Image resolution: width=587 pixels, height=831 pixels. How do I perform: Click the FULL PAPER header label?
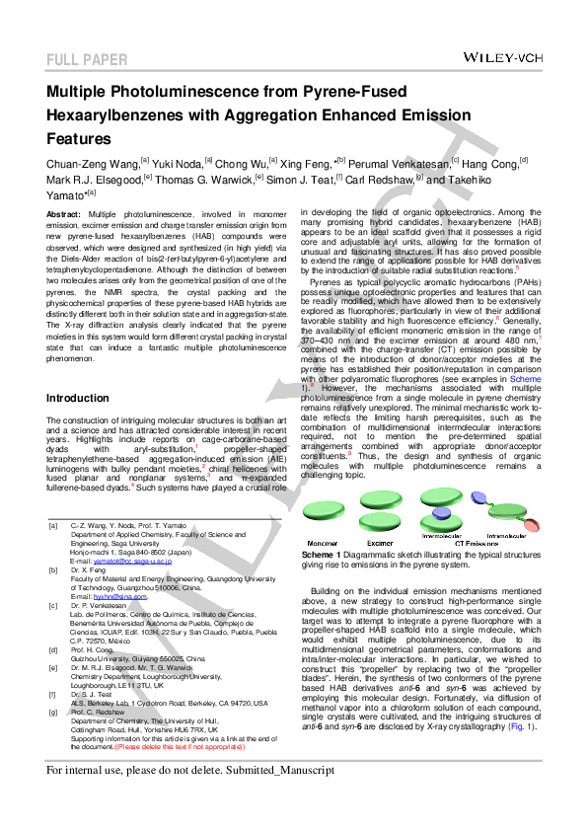point(87,60)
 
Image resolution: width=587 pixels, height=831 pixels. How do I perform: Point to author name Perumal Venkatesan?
point(399,162)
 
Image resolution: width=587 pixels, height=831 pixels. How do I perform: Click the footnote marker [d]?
point(53,650)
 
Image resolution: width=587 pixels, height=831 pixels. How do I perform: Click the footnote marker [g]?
point(53,711)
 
